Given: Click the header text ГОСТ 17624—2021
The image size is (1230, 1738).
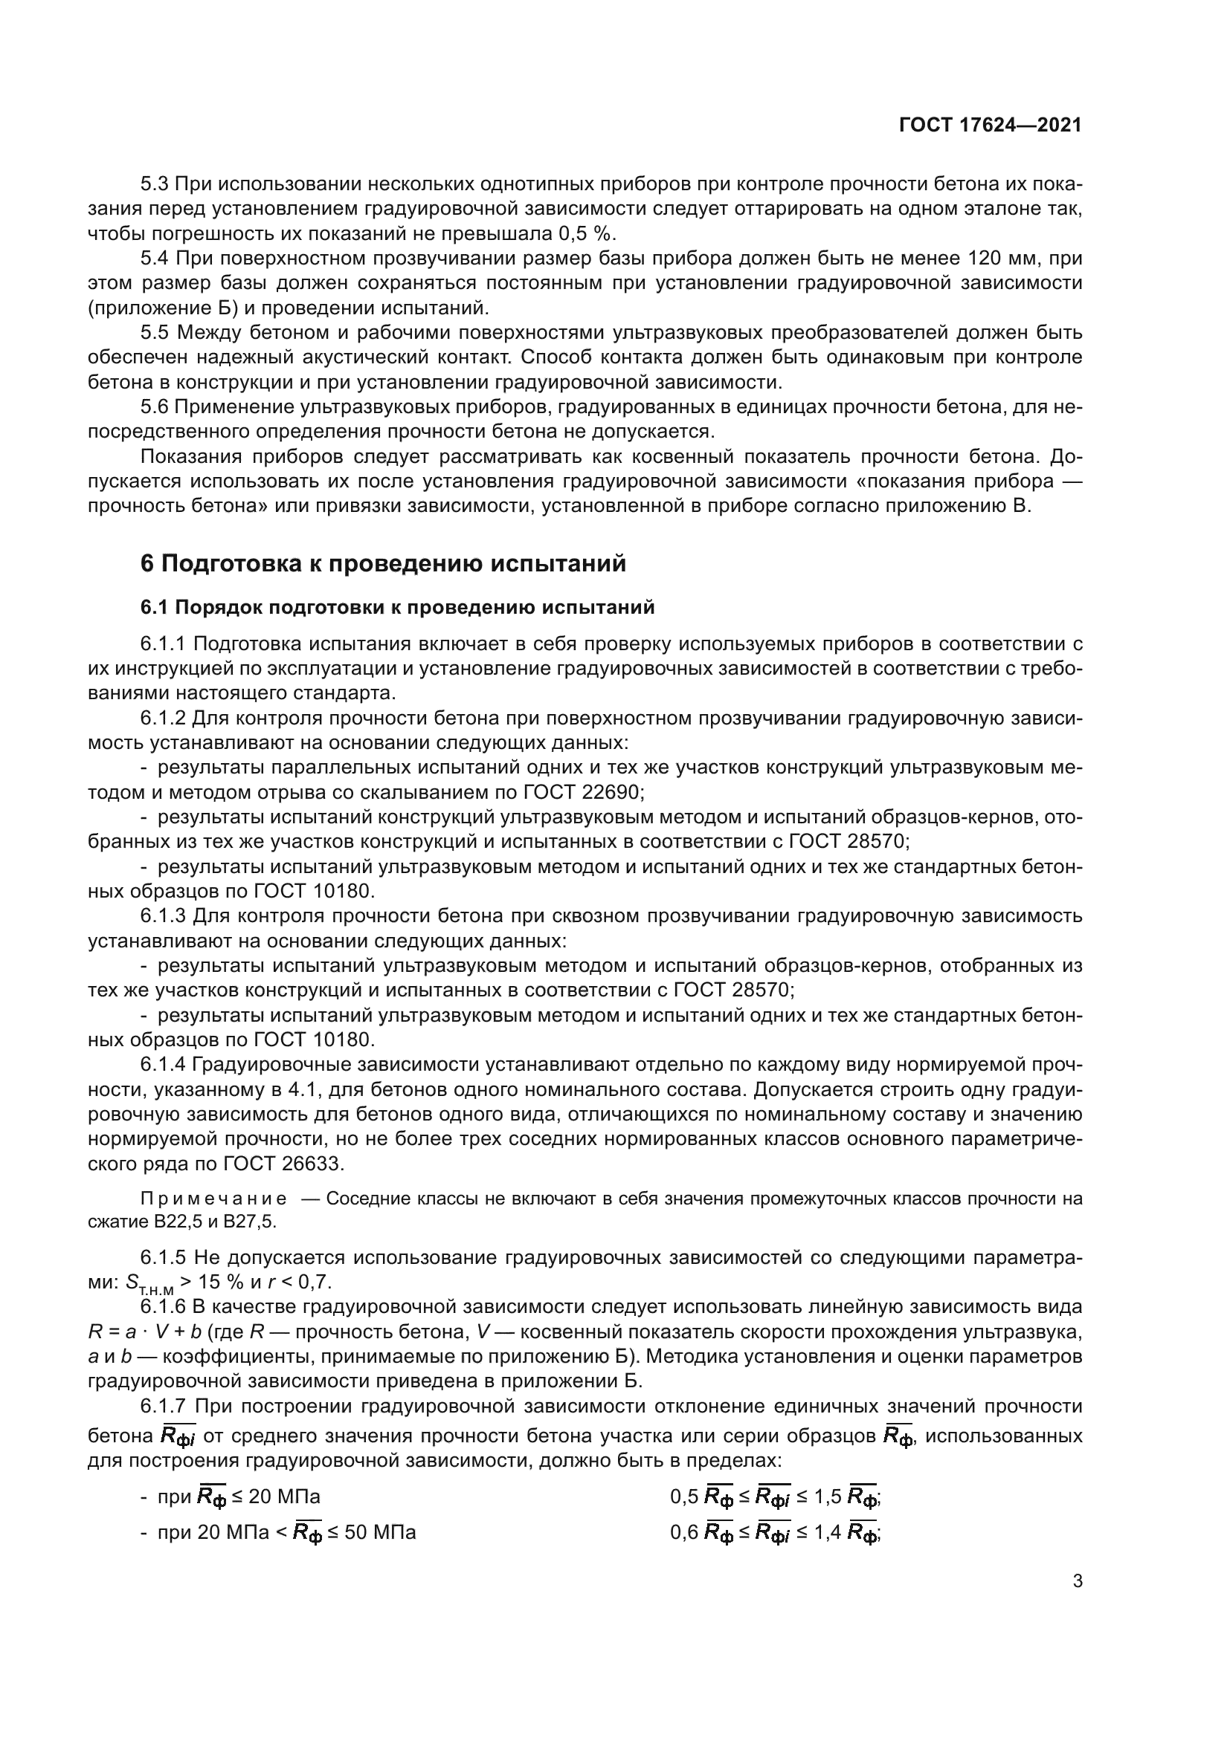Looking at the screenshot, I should (x=990, y=126).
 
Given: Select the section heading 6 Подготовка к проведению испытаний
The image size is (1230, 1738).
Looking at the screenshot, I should (x=383, y=564).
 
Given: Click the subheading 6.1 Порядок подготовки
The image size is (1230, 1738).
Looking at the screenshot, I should (x=397, y=608).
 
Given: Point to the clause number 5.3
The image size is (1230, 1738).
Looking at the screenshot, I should (x=155, y=185).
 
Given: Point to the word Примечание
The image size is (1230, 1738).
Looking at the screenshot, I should (x=213, y=1199).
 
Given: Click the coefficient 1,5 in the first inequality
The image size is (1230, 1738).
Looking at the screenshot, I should (x=828, y=1497).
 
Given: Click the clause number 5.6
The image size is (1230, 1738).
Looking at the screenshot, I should (x=155, y=408).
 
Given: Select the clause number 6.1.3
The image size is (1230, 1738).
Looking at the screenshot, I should (x=162, y=917).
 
